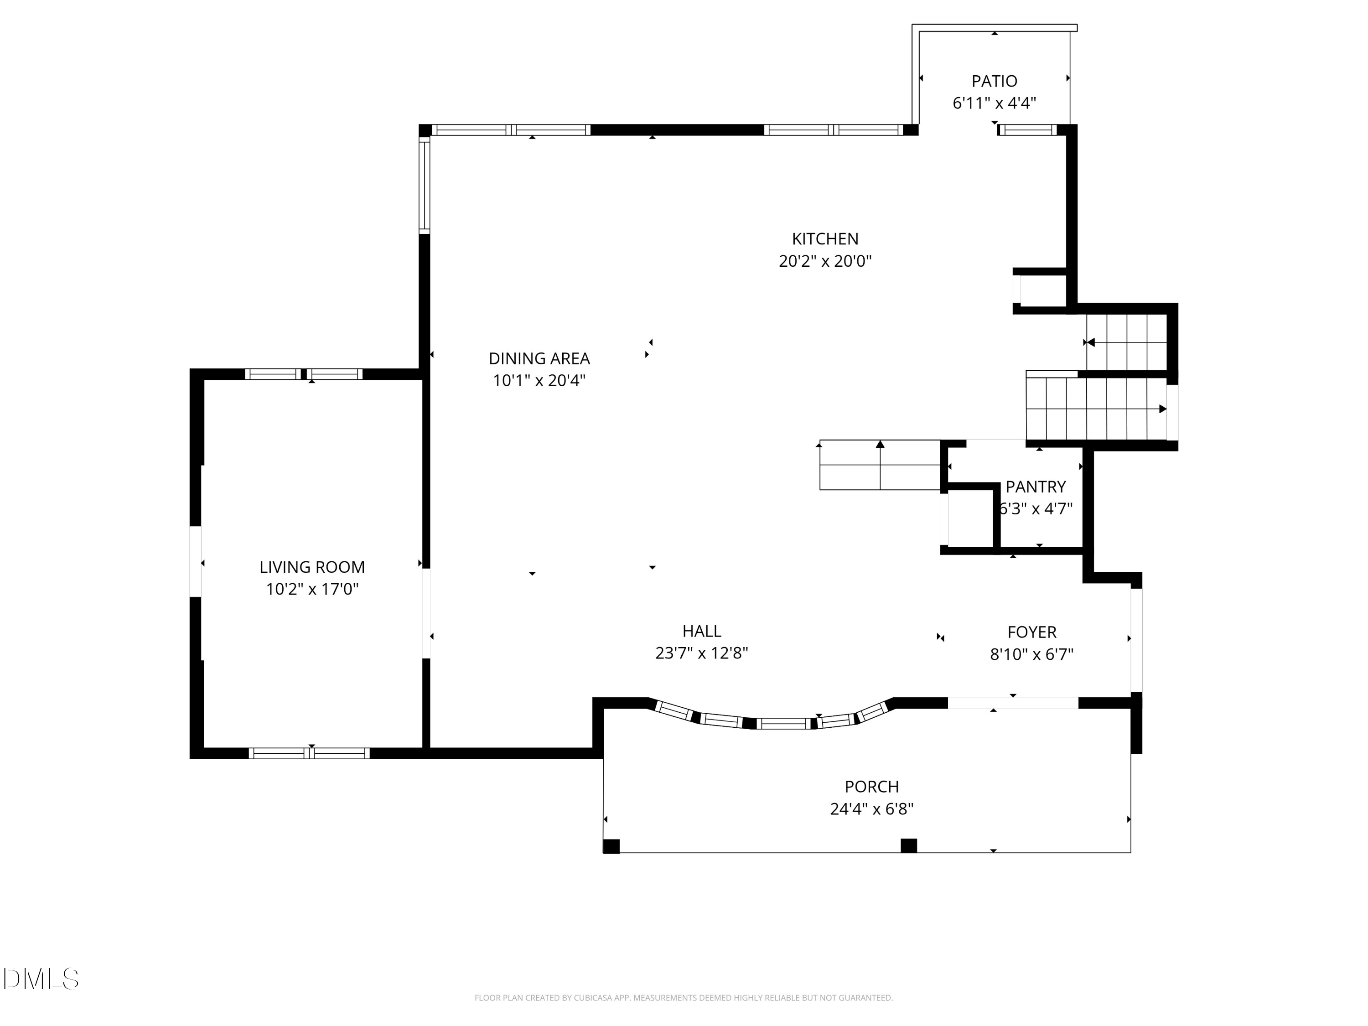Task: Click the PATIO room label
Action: [x=994, y=81]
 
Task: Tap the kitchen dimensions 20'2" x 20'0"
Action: [x=825, y=261]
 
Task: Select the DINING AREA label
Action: [x=539, y=359]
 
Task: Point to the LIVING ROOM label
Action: [x=312, y=567]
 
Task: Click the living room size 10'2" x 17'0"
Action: [x=312, y=589]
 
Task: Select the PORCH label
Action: [x=872, y=787]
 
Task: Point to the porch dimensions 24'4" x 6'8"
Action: [x=872, y=809]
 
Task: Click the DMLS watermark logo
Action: [x=41, y=979]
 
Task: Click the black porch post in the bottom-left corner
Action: [x=611, y=846]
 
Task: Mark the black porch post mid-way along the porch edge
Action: [x=908, y=845]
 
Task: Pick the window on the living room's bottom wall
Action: [x=309, y=753]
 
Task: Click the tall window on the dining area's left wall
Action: [x=424, y=186]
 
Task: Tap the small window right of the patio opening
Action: [x=1026, y=130]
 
